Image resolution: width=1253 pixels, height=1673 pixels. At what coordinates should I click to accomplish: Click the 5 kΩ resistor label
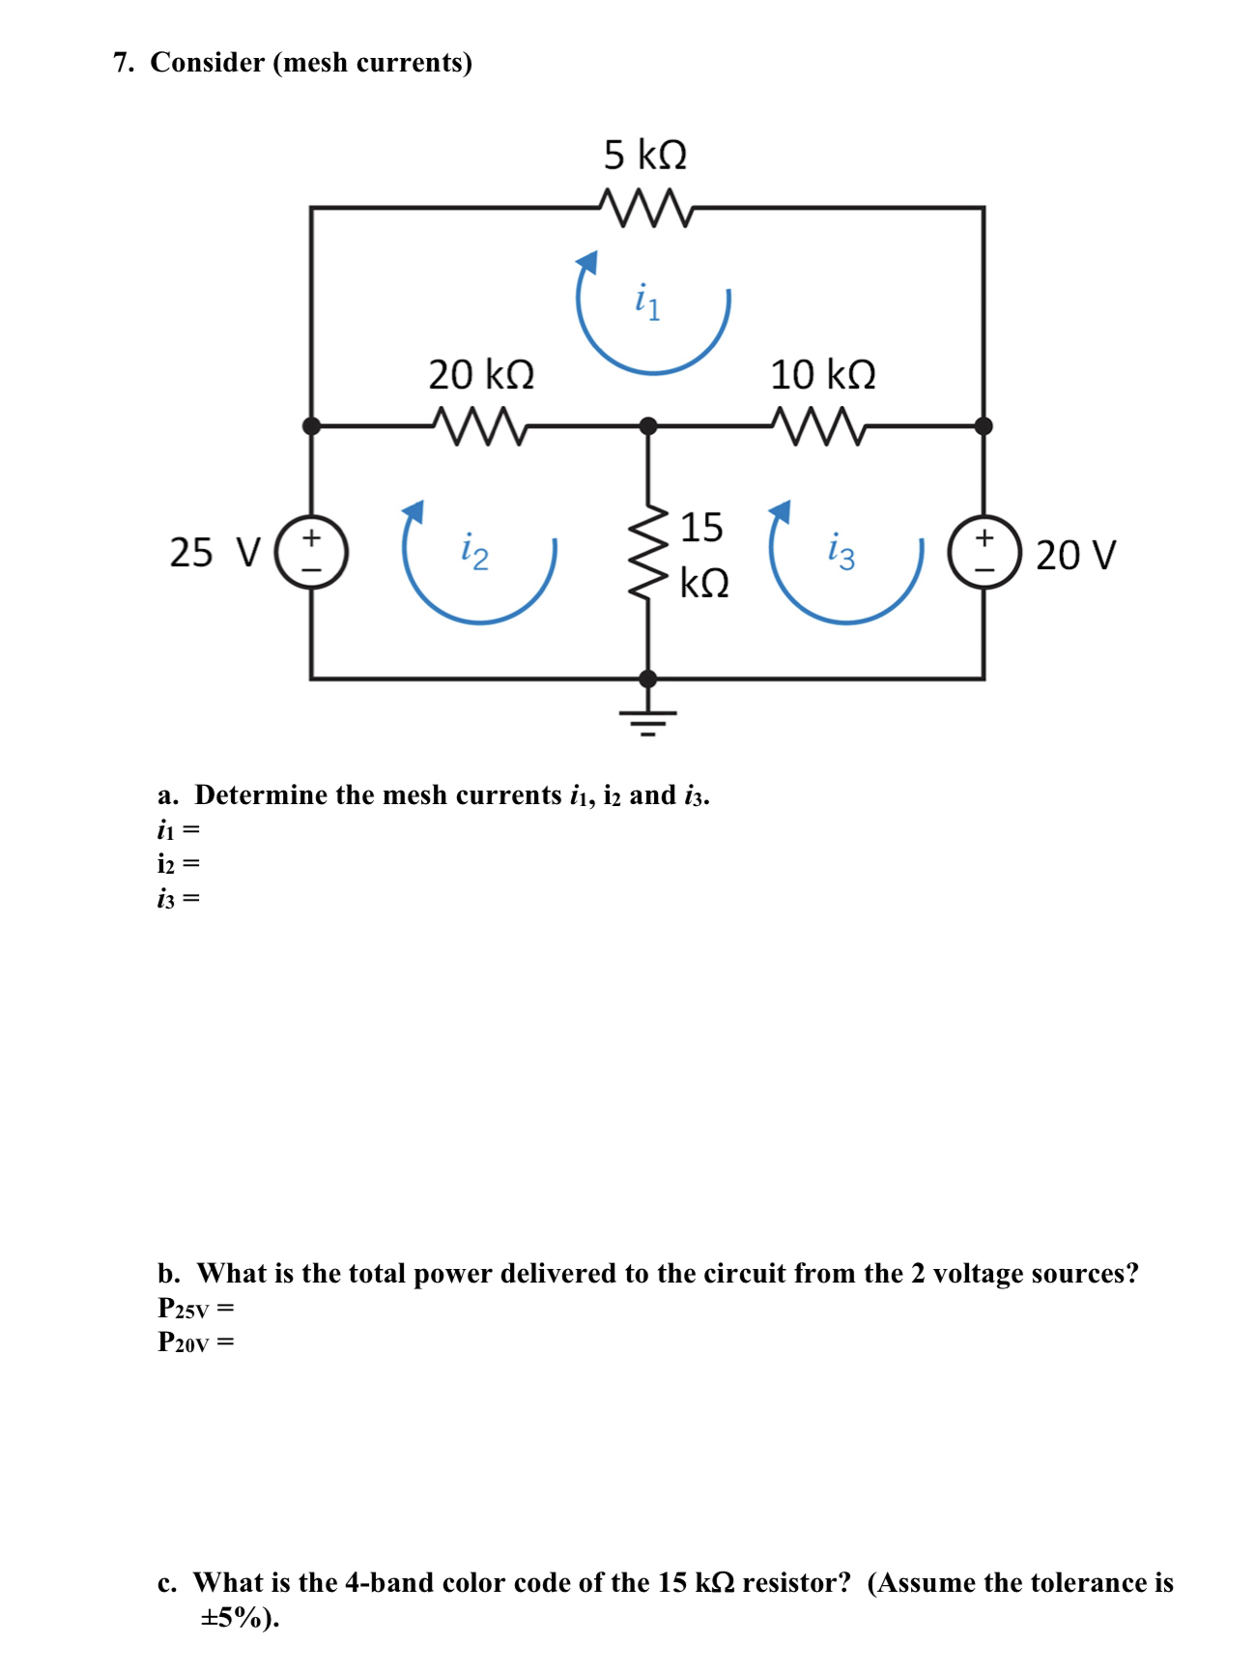pos(644,155)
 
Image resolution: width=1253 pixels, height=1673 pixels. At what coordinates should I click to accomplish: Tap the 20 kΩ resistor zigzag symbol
pos(480,425)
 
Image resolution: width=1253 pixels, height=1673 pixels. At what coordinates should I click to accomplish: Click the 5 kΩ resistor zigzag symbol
pos(644,208)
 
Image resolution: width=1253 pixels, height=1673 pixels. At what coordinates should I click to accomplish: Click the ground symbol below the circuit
pos(648,721)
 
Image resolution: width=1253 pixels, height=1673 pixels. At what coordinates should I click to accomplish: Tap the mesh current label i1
pos(647,302)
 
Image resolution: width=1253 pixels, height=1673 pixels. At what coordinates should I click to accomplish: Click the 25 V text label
pos(214,553)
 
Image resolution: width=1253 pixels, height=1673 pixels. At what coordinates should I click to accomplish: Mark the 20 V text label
pos(1075,555)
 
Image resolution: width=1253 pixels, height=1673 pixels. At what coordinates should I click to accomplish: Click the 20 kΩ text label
pos(481,374)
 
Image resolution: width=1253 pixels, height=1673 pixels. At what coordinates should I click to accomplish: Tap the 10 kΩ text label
pos(822,374)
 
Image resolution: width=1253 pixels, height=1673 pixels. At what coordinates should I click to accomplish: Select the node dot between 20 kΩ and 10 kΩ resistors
pos(648,425)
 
